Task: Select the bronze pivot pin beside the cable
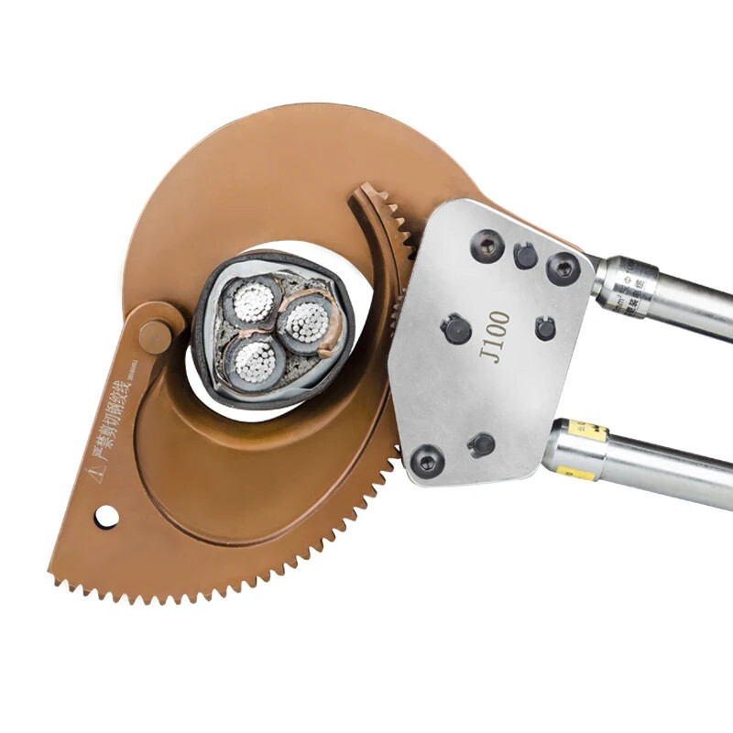coord(156,336)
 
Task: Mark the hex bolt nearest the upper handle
coord(562,268)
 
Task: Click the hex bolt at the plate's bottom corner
coord(426,461)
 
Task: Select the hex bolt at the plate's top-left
coord(487,246)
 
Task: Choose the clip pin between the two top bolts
coord(525,256)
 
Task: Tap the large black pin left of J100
coord(456,328)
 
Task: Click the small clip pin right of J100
coord(545,328)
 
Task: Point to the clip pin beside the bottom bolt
coord(480,445)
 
